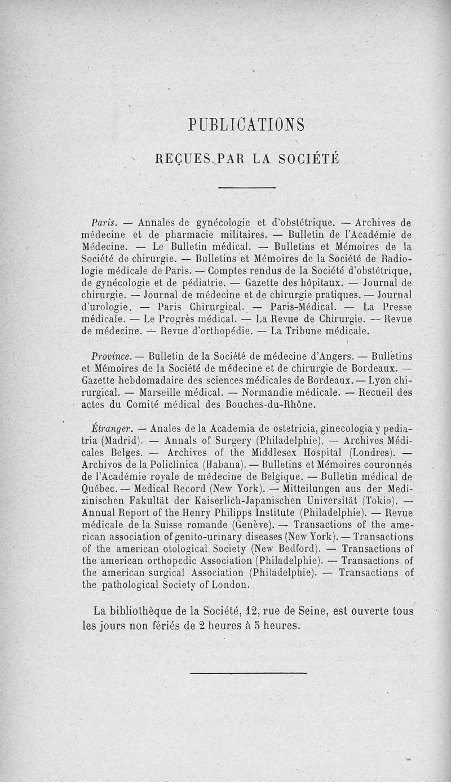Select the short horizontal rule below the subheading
click(246, 188)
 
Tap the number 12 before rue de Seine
click(252, 611)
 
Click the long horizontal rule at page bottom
click(248, 673)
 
